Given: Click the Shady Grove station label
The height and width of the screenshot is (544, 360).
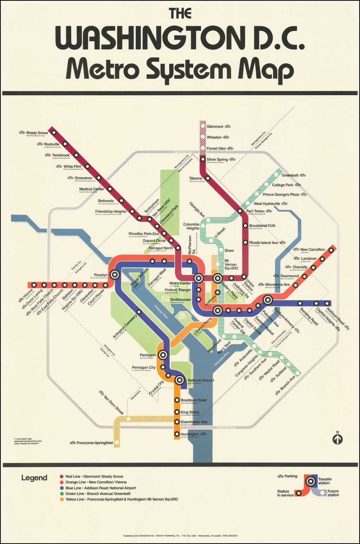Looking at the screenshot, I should pos(37,133).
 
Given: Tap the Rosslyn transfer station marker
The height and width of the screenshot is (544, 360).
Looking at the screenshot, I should pos(115,275).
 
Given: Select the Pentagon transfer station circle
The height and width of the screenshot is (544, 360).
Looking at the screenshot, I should pos(162,355).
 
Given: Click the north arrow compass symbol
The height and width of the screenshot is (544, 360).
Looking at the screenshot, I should pos(337,438).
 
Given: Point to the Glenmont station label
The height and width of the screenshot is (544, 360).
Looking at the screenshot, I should pos(215,127).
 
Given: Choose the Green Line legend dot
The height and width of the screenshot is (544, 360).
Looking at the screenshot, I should pos(62,494).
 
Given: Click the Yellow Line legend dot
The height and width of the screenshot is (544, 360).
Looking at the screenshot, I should pos(62,499).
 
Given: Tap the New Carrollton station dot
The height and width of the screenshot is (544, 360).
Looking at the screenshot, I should pos(331,250).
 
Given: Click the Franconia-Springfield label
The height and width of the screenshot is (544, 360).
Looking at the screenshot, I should pos(95,443).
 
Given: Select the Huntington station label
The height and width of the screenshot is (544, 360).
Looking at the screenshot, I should pos(190,434).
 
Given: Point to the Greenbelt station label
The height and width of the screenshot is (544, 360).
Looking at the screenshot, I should pos(290,175).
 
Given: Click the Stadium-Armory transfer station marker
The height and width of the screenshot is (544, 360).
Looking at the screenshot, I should pos(268,300).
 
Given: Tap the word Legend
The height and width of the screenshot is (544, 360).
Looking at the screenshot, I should pos(34,478).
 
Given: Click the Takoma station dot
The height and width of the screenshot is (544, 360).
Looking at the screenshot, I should pos(208,178).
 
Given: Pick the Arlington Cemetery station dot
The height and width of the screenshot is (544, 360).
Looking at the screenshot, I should pos(139,312).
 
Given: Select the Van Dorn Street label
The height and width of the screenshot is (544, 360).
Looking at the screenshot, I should pos(113,404).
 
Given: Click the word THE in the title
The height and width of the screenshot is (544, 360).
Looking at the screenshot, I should pos(180,13).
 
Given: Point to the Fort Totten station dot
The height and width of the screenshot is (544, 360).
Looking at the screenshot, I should pos(240,211).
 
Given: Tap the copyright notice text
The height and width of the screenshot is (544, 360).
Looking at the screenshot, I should pos(28,441).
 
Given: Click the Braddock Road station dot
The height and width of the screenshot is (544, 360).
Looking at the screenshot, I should pos(177,400).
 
